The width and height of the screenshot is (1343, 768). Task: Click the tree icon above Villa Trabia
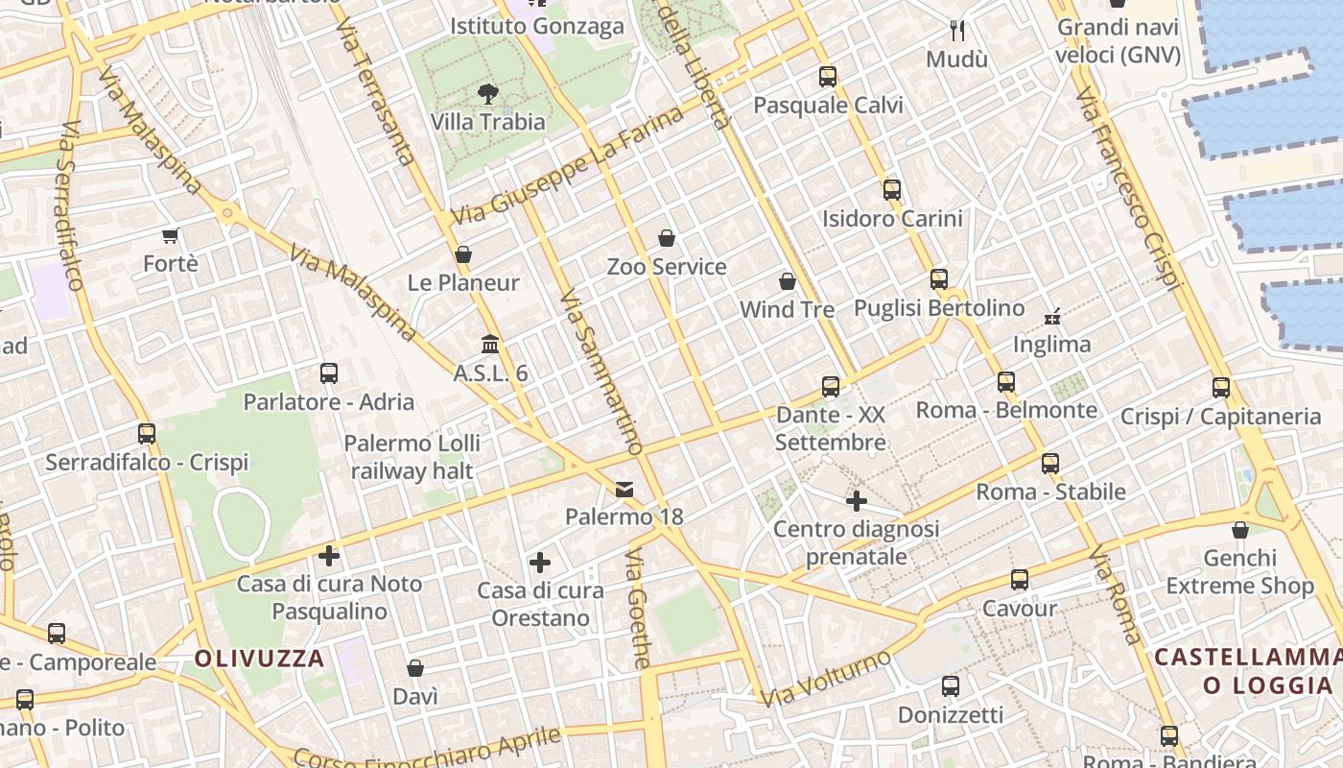pyautogui.click(x=488, y=93)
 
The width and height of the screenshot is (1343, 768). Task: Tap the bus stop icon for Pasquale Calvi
pyautogui.click(x=828, y=77)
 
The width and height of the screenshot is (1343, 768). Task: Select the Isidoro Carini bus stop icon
pyautogui.click(x=892, y=190)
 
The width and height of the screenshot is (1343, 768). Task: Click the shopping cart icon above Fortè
pyautogui.click(x=171, y=235)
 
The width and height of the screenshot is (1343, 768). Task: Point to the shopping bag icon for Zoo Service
pyautogui.click(x=667, y=238)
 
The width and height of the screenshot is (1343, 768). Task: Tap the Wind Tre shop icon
pyautogui.click(x=788, y=281)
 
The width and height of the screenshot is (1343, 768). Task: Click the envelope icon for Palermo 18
pyautogui.click(x=624, y=490)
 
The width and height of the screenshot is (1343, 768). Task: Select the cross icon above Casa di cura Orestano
pyautogui.click(x=540, y=563)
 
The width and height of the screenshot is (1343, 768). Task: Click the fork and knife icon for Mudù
pyautogui.click(x=956, y=31)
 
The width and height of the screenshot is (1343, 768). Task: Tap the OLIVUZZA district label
pyautogui.click(x=260, y=659)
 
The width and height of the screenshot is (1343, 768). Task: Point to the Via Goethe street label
pyautogui.click(x=639, y=609)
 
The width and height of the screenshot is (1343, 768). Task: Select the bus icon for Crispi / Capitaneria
pyautogui.click(x=1220, y=388)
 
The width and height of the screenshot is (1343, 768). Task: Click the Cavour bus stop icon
pyautogui.click(x=1019, y=580)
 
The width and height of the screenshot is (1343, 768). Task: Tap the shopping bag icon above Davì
pyautogui.click(x=415, y=668)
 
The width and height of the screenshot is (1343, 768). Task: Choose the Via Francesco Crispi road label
pyautogui.click(x=1127, y=189)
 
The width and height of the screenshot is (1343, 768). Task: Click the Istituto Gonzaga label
pyautogui.click(x=537, y=27)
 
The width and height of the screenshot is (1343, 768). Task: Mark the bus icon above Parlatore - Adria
pyautogui.click(x=328, y=373)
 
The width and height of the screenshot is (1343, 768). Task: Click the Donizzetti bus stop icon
pyautogui.click(x=950, y=686)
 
